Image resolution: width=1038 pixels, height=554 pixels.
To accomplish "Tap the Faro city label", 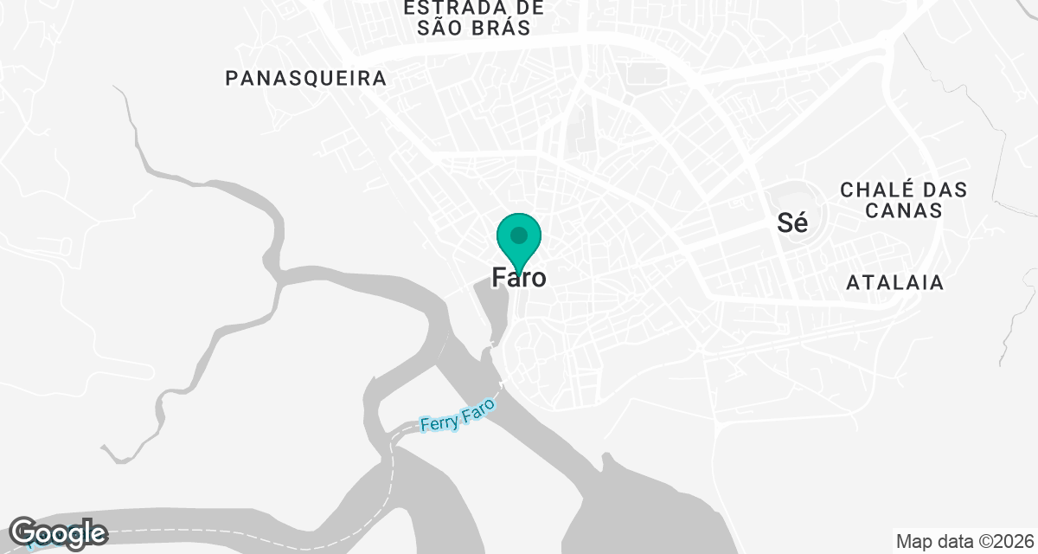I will [x=519, y=278].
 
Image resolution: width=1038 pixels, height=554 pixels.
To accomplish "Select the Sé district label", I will [x=792, y=223].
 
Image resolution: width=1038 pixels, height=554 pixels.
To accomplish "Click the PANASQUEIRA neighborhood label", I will [x=305, y=79].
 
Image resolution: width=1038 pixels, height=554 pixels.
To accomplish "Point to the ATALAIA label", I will [x=894, y=282].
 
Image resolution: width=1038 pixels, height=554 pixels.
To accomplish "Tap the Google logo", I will [x=58, y=532].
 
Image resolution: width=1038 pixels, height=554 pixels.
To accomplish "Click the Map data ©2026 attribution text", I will [x=964, y=542].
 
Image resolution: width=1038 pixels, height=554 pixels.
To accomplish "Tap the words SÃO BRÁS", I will [x=473, y=28].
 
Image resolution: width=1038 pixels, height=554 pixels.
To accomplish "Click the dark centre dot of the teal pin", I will [x=519, y=235].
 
